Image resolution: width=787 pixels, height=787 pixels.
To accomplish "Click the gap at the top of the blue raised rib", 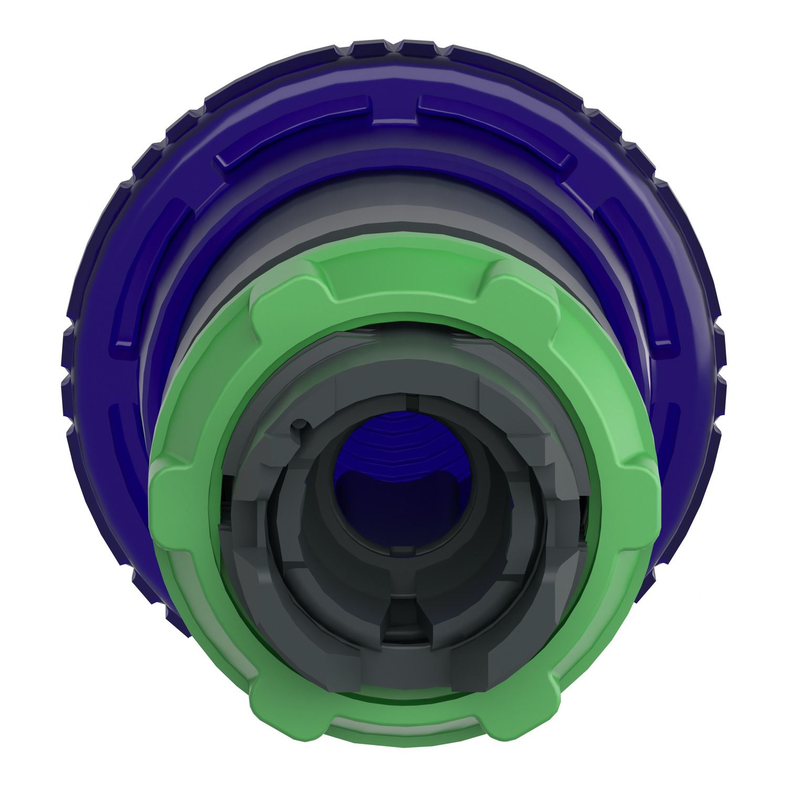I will (395, 105).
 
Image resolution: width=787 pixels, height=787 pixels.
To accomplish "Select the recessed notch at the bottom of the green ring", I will (404, 732).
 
